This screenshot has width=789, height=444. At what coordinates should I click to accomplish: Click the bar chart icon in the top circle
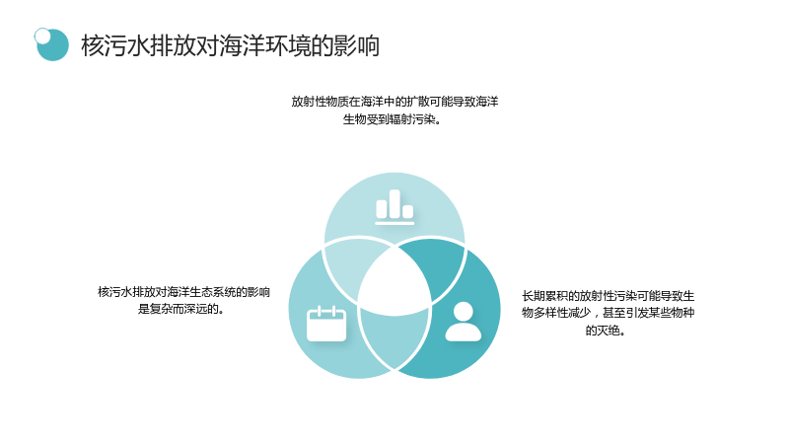(394, 206)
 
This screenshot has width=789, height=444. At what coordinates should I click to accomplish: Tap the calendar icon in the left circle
(326, 324)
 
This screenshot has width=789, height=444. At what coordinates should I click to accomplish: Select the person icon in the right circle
(463, 322)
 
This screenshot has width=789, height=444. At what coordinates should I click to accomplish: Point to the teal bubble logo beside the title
(51, 44)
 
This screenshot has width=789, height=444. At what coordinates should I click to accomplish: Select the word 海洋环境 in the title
(265, 45)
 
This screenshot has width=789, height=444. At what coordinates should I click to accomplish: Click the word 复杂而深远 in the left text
(179, 309)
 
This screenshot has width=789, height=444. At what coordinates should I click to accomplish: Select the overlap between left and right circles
(394, 336)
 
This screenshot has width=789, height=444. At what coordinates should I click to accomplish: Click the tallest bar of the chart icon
(394, 204)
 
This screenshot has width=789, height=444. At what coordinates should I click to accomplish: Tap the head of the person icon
(463, 311)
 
